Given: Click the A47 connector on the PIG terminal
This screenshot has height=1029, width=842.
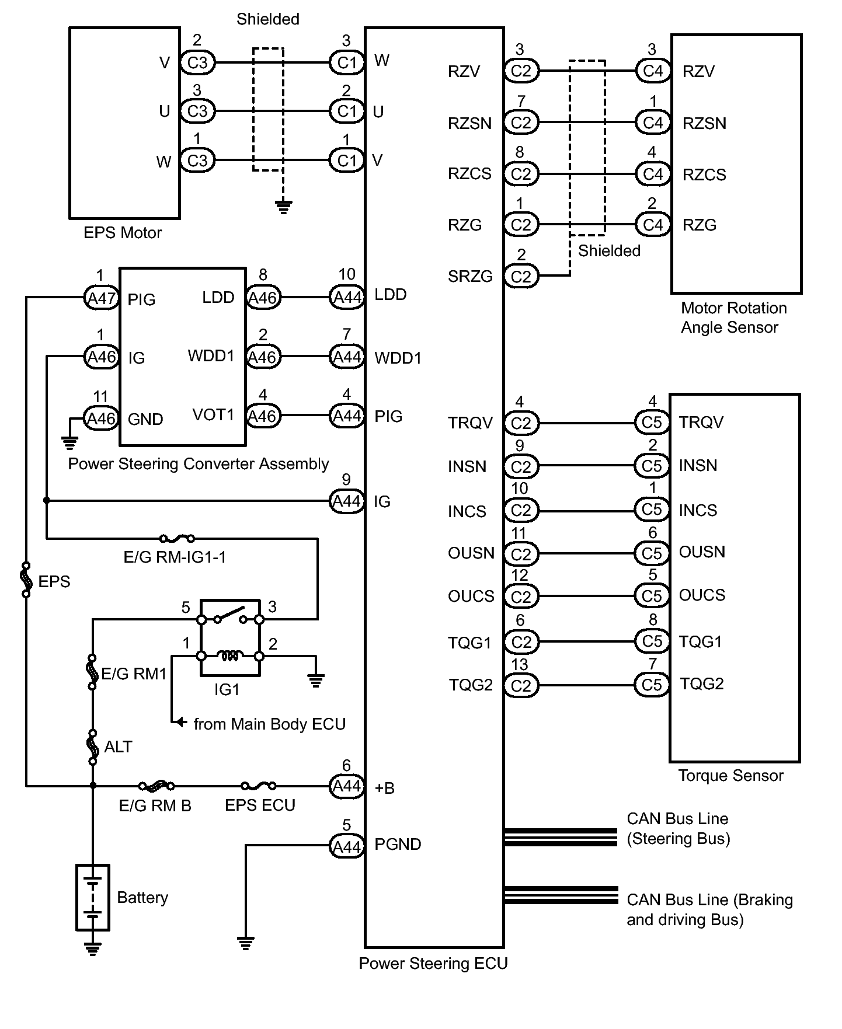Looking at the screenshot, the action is coord(101,298).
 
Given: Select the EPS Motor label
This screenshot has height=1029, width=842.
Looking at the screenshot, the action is coord(123,233).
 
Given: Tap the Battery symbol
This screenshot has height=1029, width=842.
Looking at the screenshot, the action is coord(92,897).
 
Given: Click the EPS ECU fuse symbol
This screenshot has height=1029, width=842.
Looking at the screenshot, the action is coord(259,786).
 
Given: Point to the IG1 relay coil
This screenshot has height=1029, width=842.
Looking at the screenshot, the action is coord(230,656).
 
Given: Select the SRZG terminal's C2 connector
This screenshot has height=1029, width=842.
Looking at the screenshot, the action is coord(521,276).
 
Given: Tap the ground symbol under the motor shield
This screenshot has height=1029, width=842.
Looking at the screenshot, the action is coord(283,207).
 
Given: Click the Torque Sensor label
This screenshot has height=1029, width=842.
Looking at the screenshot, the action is coord(730,776).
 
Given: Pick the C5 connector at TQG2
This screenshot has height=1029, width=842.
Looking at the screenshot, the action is coord(652,685).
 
